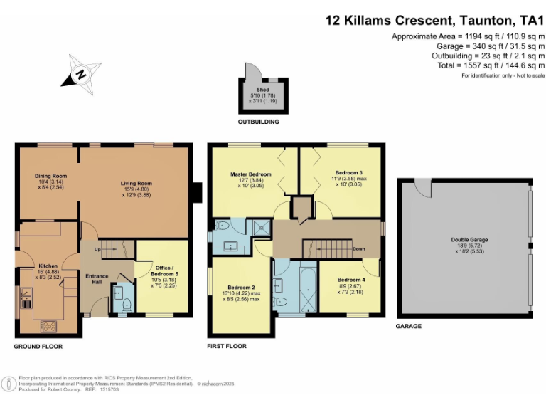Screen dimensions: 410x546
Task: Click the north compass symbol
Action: click(x=82, y=73)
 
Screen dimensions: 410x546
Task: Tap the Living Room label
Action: click(x=135, y=183)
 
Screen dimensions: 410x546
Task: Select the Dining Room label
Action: click(x=50, y=176)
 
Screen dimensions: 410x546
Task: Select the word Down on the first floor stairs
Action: click(x=359, y=249)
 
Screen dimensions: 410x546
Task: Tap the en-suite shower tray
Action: click(x=262, y=228)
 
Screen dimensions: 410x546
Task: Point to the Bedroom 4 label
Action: click(x=352, y=280)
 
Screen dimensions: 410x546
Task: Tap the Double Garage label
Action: click(x=469, y=240)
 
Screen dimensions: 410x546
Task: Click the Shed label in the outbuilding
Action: click(x=263, y=90)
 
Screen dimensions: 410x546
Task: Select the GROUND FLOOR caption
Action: click(x=38, y=347)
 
